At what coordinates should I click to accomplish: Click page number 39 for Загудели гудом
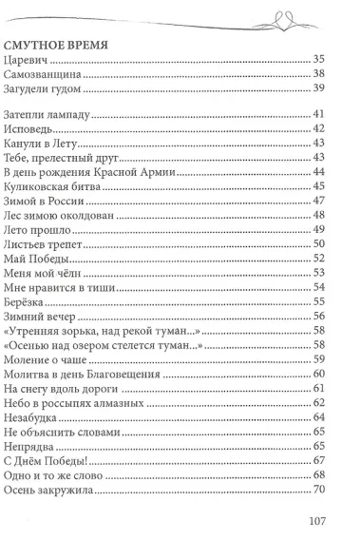pyautogui.click(x=319, y=90)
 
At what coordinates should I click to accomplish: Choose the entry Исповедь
pyautogui.click(x=29, y=129)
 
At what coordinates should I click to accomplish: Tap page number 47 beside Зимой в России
pyautogui.click(x=319, y=201)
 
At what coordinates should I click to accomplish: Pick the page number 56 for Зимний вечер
pyautogui.click(x=319, y=316)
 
